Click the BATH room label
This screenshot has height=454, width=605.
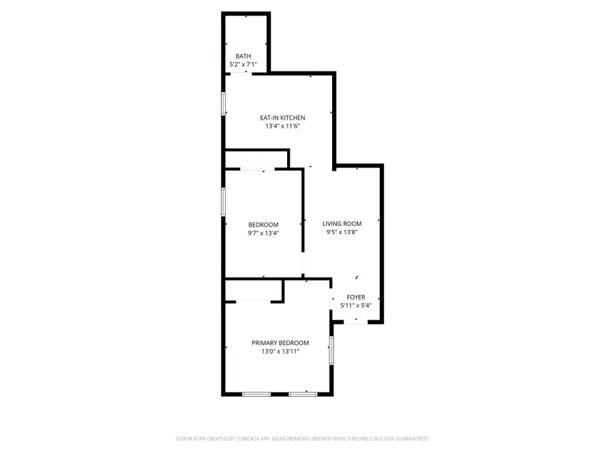(x=243, y=56)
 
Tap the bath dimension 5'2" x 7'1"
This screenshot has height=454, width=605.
(x=243, y=65)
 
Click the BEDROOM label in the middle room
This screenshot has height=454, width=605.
(x=263, y=225)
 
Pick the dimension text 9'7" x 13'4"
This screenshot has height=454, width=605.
(x=263, y=233)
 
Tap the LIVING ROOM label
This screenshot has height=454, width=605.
(x=341, y=224)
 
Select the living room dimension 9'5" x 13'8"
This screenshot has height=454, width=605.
(x=341, y=233)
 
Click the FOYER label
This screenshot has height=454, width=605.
(x=356, y=297)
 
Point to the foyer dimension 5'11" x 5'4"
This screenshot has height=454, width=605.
(x=356, y=305)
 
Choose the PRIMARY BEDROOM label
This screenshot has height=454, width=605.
(x=280, y=342)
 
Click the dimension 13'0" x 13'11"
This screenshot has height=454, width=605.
(x=280, y=351)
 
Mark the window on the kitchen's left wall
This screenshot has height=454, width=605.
(x=224, y=104)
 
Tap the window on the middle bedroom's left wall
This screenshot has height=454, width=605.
(x=224, y=200)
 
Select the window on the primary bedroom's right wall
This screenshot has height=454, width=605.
(x=331, y=350)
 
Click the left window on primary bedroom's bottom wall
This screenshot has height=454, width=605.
(x=256, y=393)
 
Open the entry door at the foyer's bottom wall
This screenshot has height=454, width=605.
(x=356, y=322)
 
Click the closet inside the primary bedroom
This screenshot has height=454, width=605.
(x=253, y=291)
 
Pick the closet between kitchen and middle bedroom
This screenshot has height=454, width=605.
(x=255, y=159)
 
